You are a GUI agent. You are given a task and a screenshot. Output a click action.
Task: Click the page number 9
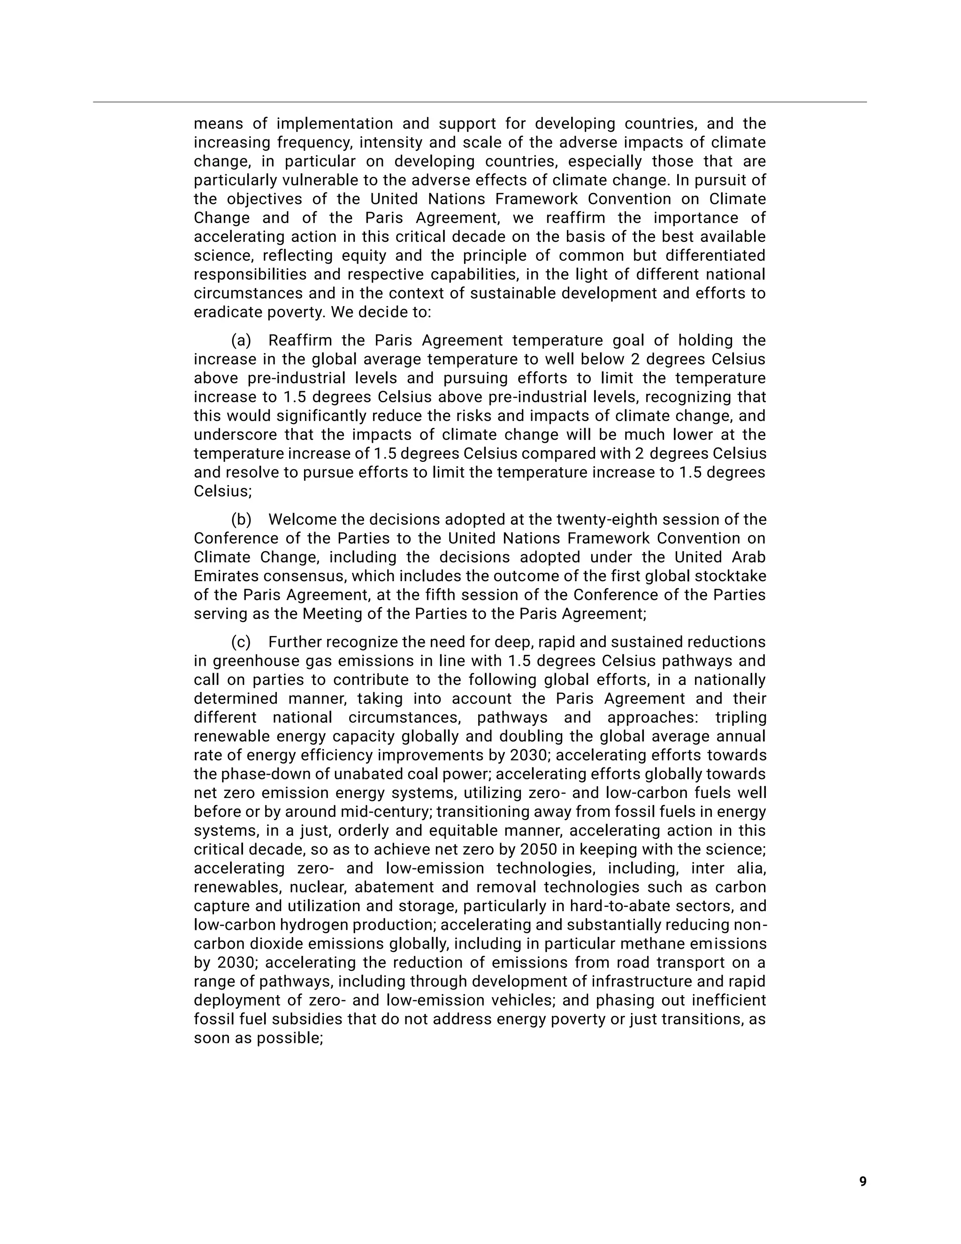click(x=862, y=1182)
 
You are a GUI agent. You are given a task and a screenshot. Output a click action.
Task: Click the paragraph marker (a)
click(x=241, y=341)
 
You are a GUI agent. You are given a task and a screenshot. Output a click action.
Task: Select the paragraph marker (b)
click(x=241, y=520)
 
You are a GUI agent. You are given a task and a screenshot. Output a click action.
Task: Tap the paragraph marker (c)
click(x=241, y=642)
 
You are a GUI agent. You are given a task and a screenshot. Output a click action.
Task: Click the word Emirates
click(x=226, y=576)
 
